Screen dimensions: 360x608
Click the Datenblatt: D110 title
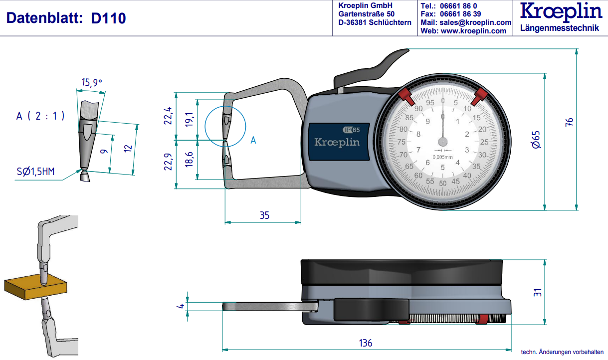coord(65,18)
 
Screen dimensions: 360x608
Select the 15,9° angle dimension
coord(91,83)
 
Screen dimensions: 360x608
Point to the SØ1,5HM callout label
coord(34,173)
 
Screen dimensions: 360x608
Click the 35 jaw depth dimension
coord(264,215)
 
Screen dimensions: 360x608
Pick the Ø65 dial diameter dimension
coord(536,139)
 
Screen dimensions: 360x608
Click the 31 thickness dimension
coord(537,293)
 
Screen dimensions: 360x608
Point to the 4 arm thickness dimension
coord(182,306)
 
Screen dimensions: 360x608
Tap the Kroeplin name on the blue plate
coord(337,142)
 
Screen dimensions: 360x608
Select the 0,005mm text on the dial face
coord(443,157)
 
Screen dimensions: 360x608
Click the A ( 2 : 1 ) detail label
coord(40,116)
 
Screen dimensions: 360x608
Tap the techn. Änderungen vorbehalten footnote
coord(562,352)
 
